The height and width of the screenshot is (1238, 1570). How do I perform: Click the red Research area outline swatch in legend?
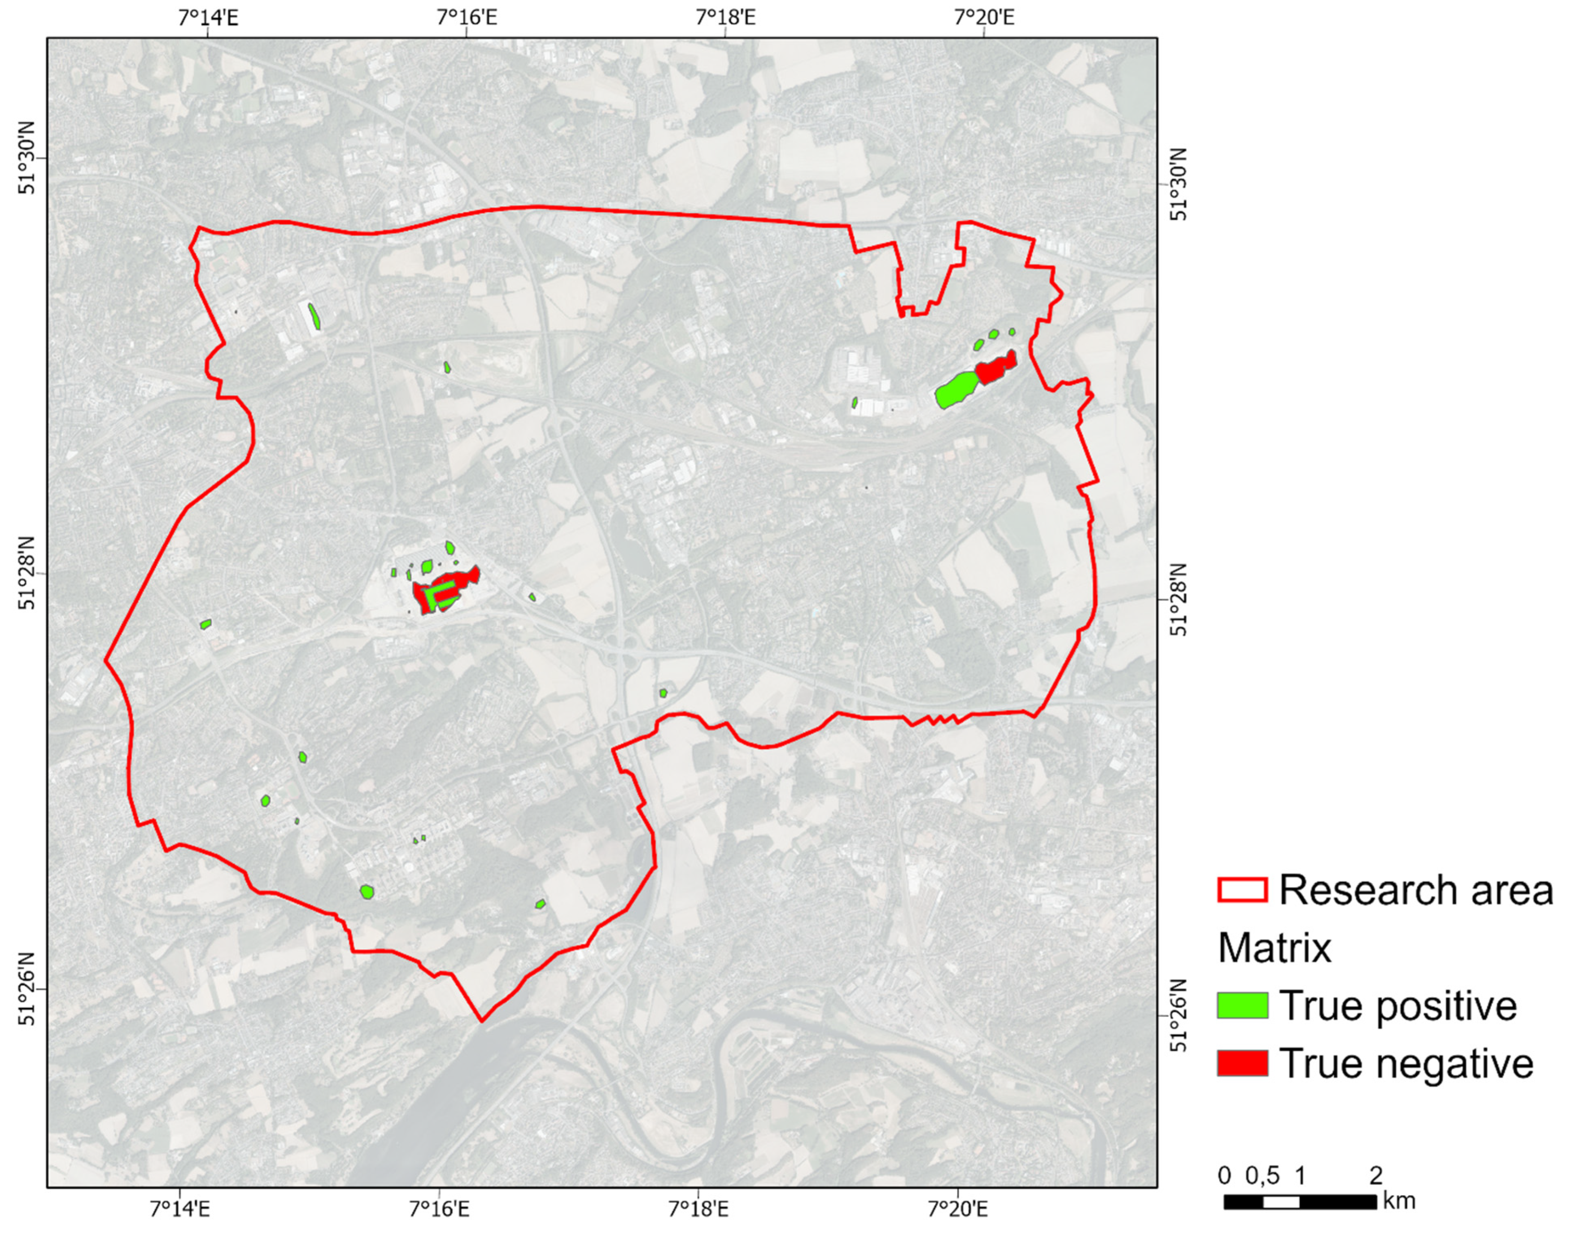[1242, 890]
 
